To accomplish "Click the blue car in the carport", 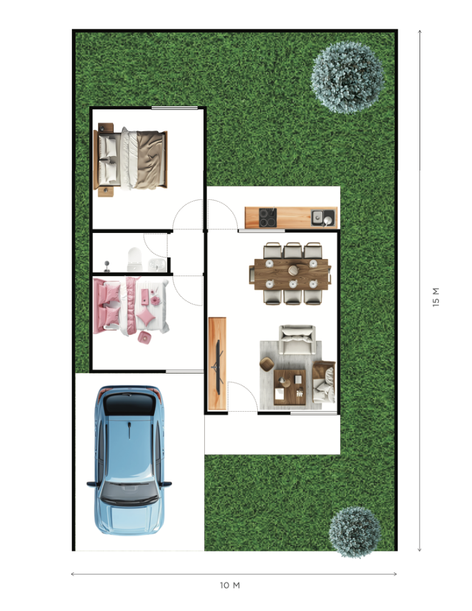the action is (129, 460).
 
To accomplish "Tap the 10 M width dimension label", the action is (230, 585).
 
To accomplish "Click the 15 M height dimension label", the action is (436, 297).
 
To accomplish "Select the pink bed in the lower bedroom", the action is (131, 306).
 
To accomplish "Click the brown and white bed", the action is (131, 159).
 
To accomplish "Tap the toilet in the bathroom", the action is (134, 259).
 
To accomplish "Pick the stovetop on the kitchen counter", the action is (268, 217).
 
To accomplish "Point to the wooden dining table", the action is (290, 274).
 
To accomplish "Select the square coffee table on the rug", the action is (290, 387).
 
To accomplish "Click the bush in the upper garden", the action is (348, 77).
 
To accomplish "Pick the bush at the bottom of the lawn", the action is (355, 532).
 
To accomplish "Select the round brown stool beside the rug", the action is (267, 364).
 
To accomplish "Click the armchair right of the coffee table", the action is (324, 382).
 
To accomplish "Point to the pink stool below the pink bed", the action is (144, 338).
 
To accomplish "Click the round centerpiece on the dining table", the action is (293, 270).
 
